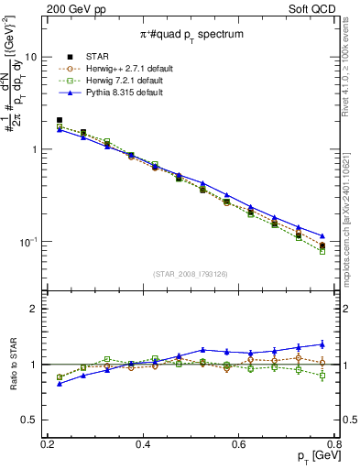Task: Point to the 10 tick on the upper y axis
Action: point(35,57)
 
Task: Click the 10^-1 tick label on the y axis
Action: point(31,242)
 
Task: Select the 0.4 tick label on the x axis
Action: point(143,444)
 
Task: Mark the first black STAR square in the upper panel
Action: point(60,120)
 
